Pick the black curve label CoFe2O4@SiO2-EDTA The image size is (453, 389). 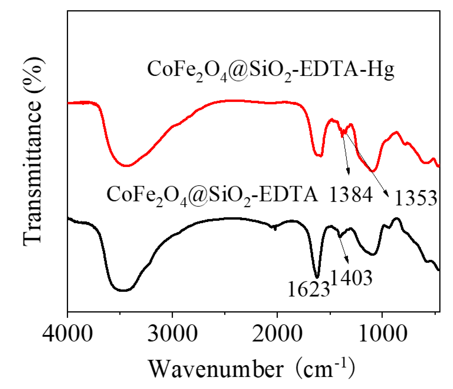point(212,194)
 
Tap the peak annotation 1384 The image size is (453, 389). point(351,194)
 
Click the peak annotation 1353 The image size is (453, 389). point(416,198)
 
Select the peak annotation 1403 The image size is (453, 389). point(351,278)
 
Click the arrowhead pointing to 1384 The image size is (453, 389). point(349,173)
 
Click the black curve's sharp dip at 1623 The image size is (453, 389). point(317,277)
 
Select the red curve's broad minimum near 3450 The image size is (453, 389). point(126,166)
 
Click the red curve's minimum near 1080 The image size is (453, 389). point(374,171)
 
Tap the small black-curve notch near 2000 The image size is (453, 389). point(275,228)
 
